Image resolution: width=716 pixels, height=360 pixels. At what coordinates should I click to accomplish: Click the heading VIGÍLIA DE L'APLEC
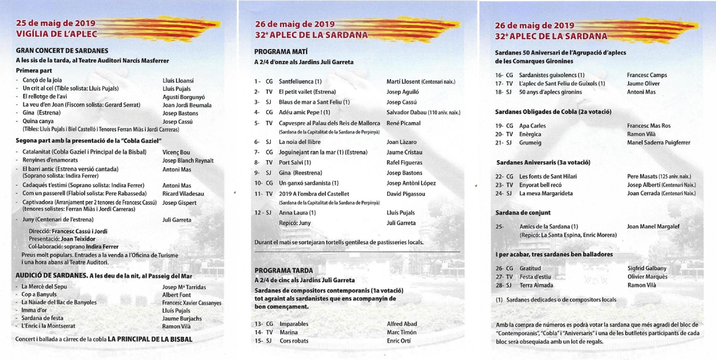tap(57, 34)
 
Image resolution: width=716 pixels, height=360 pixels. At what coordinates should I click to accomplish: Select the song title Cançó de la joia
tap(42, 80)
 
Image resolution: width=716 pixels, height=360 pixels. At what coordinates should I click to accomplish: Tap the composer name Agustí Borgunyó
tap(184, 97)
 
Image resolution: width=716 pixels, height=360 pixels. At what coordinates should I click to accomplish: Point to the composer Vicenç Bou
tap(176, 152)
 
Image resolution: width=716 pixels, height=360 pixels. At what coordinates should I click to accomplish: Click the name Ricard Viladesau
tap(183, 193)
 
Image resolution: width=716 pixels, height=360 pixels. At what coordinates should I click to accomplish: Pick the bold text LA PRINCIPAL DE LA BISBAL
tap(150, 339)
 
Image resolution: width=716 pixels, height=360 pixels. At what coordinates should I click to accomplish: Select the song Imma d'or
tap(34, 310)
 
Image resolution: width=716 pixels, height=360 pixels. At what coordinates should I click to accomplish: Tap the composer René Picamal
tap(403, 123)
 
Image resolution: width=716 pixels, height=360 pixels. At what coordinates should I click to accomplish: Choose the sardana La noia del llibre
tap(300, 142)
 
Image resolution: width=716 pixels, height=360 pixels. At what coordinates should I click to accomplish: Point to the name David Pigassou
tap(406, 194)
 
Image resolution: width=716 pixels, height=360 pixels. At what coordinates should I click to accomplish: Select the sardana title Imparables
tap(294, 324)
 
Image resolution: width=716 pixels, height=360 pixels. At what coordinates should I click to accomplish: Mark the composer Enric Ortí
tap(399, 341)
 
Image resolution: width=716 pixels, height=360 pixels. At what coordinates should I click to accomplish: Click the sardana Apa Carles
tap(532, 126)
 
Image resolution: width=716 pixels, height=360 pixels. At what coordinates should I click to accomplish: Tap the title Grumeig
tap(530, 143)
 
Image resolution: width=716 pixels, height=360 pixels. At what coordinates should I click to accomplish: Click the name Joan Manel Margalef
tap(653, 227)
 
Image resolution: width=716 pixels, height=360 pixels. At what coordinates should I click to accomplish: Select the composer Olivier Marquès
tap(647, 277)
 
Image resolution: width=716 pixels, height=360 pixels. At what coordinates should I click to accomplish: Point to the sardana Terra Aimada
tap(536, 285)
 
